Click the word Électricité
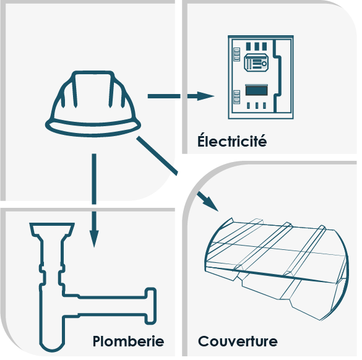coord(232,140)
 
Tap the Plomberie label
coord(128,341)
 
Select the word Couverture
coord(238,341)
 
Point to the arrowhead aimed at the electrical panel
coord(205,96)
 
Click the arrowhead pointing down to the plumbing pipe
coord(94,239)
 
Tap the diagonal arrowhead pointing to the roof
coord(210,202)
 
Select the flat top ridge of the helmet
coord(93,72)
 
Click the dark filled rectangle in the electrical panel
coord(256,90)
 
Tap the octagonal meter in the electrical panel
coord(256,62)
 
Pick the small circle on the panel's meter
coord(264,64)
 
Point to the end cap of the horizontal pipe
coord(150,306)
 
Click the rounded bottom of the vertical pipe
coord(52,348)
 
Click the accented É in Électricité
coord(201,140)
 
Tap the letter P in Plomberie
coord(97,341)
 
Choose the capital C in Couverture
coord(204,341)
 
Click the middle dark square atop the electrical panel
coord(256,46)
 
